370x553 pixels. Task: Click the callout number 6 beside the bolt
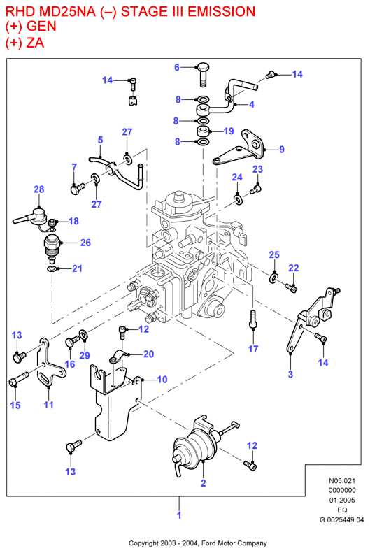(x=177, y=67)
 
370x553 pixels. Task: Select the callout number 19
(x=229, y=131)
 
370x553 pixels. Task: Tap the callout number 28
(x=38, y=189)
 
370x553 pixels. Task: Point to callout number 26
(x=86, y=243)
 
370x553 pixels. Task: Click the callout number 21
(x=77, y=268)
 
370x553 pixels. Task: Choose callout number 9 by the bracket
(x=282, y=150)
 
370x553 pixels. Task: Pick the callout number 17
(x=253, y=349)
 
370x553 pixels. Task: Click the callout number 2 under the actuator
(x=203, y=483)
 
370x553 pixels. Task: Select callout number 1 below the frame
(x=179, y=515)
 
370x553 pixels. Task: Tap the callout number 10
(x=162, y=380)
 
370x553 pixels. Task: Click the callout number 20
(x=148, y=354)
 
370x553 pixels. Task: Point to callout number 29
(x=85, y=355)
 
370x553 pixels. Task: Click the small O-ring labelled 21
(x=52, y=269)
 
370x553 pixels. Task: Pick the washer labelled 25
(x=273, y=278)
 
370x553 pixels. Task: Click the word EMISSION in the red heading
(x=221, y=12)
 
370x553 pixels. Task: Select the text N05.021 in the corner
(x=342, y=481)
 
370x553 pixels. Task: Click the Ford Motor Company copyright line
(x=197, y=543)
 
